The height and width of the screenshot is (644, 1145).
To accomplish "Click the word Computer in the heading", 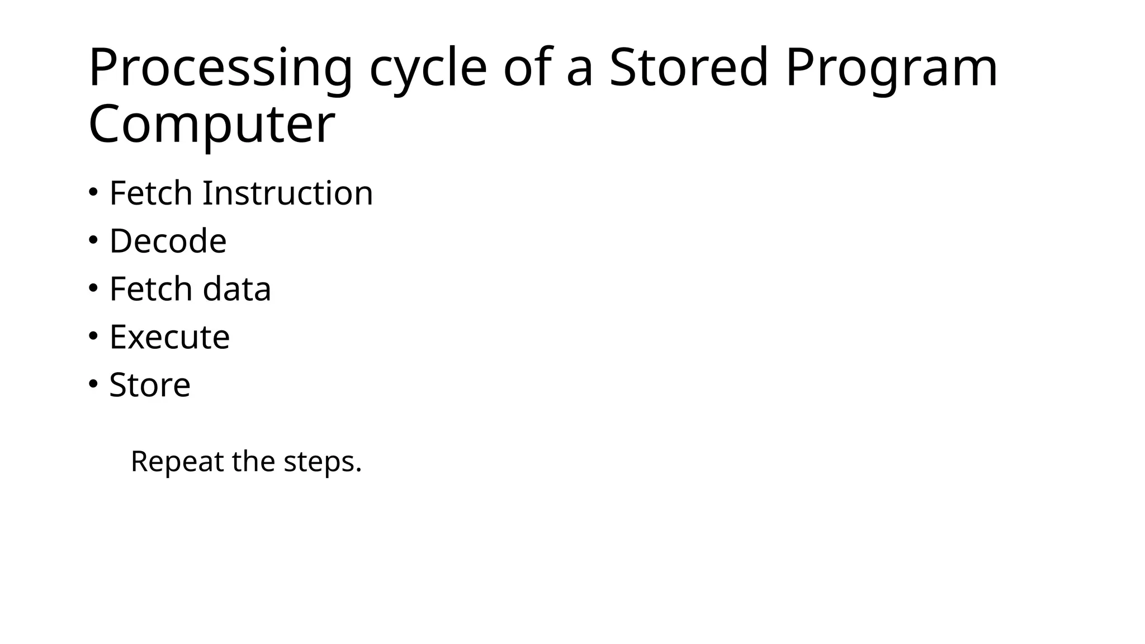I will coord(211,125).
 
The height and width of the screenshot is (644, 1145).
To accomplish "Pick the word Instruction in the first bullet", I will coord(287,193).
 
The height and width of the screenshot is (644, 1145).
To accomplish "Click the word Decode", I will coord(168,241).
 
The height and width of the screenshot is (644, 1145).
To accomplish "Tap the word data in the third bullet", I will coord(236,289).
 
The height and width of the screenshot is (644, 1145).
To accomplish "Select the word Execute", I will coord(169,337).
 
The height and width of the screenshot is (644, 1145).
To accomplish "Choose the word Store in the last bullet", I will coord(150,385).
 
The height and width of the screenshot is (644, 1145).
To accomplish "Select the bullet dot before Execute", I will coord(93,337).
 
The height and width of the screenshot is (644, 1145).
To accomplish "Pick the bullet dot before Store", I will coord(93,385).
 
